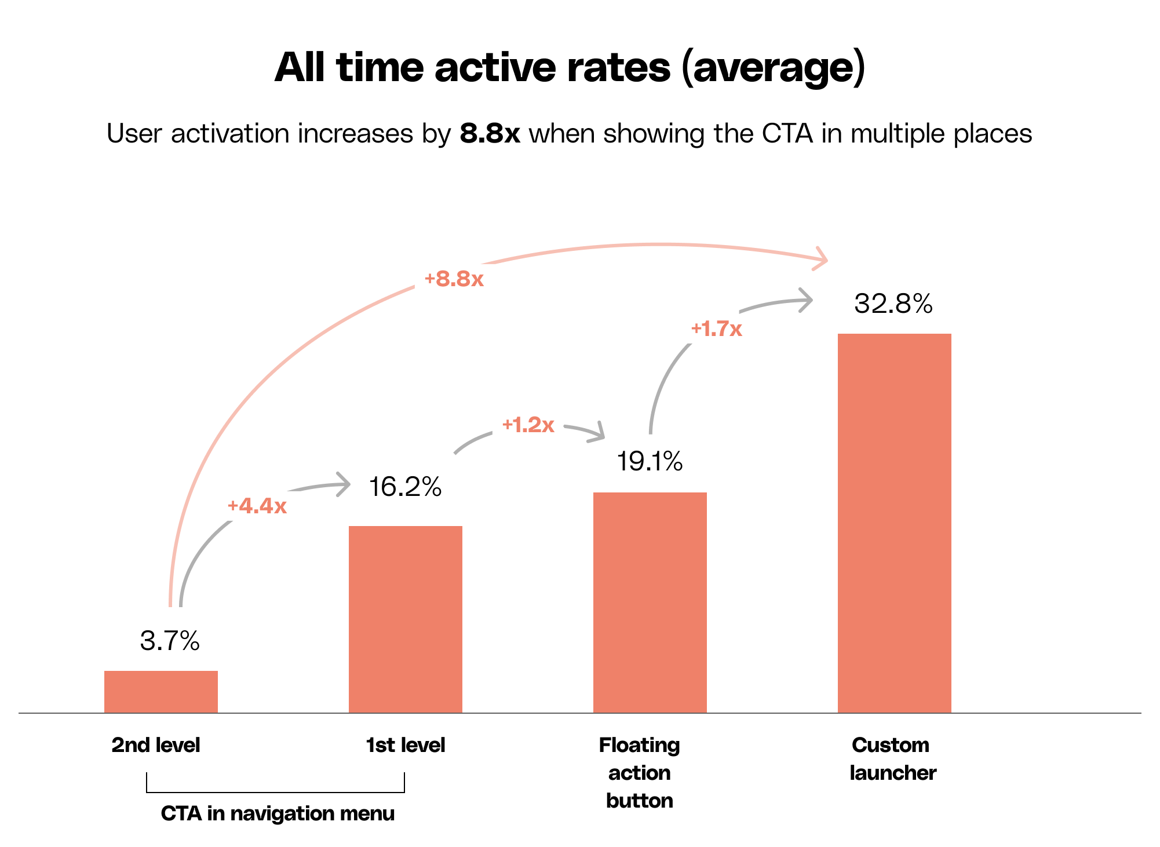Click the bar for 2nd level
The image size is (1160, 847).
pyautogui.click(x=160, y=691)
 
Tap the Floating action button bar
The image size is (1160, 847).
pyautogui.click(x=650, y=602)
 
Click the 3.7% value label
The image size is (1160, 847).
pyautogui.click(x=170, y=641)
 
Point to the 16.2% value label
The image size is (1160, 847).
pyautogui.click(x=405, y=487)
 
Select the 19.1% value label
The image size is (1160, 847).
pyautogui.click(x=650, y=461)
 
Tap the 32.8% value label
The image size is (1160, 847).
pyautogui.click(x=893, y=304)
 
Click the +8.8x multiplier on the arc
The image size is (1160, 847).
pyautogui.click(x=454, y=279)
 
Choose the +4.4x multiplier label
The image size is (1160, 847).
pyautogui.click(x=257, y=506)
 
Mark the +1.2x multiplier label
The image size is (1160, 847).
pyautogui.click(x=528, y=425)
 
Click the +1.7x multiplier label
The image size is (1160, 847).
pyautogui.click(x=716, y=329)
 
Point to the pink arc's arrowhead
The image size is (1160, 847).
pyautogui.click(x=822, y=258)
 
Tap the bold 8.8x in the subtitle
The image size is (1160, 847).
pyautogui.click(x=490, y=134)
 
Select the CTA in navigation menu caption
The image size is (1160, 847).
pyautogui.click(x=278, y=813)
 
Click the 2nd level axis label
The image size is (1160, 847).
pyautogui.click(x=155, y=745)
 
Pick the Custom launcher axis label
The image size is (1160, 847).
pyautogui.click(x=892, y=758)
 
